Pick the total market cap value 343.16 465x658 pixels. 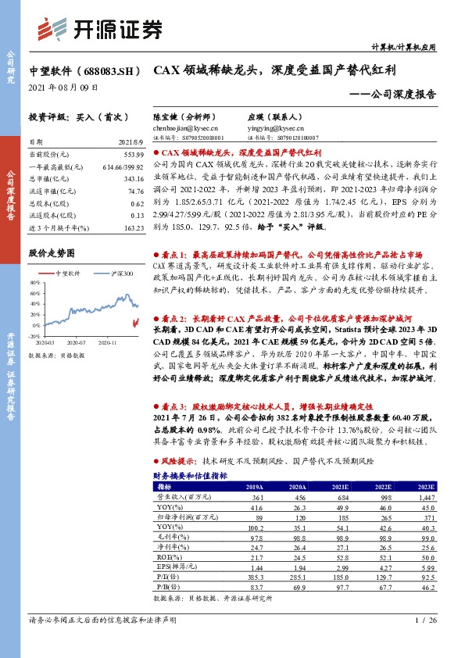134,179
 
